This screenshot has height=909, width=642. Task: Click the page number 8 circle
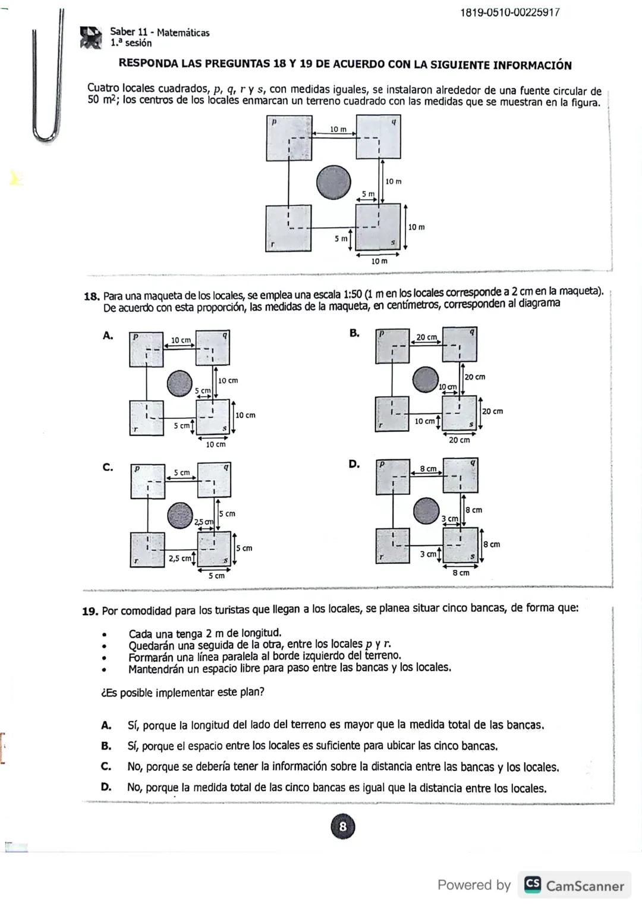tap(342, 826)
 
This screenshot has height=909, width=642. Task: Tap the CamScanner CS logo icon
tap(533, 885)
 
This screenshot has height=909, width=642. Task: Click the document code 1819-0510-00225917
tap(509, 12)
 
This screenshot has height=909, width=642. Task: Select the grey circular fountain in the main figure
tap(333, 182)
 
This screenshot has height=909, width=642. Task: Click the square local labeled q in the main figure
tap(378, 137)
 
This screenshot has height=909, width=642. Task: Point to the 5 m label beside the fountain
tap(369, 194)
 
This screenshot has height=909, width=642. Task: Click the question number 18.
tap(91, 296)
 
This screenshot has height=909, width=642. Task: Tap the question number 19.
tap(90, 611)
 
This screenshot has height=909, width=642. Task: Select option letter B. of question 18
tap(354, 333)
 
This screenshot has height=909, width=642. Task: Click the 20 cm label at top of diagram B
tap(426, 337)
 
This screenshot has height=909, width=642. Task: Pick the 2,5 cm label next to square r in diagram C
tap(180, 558)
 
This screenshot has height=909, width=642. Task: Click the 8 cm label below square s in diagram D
tap(461, 573)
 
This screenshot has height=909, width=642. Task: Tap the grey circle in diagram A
tap(179, 383)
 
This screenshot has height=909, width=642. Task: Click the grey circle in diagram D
tap(426, 510)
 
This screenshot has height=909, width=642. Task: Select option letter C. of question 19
tap(106, 766)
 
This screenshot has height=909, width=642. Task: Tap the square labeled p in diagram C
tap(147, 481)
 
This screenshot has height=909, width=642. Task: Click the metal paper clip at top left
tap(48, 77)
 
